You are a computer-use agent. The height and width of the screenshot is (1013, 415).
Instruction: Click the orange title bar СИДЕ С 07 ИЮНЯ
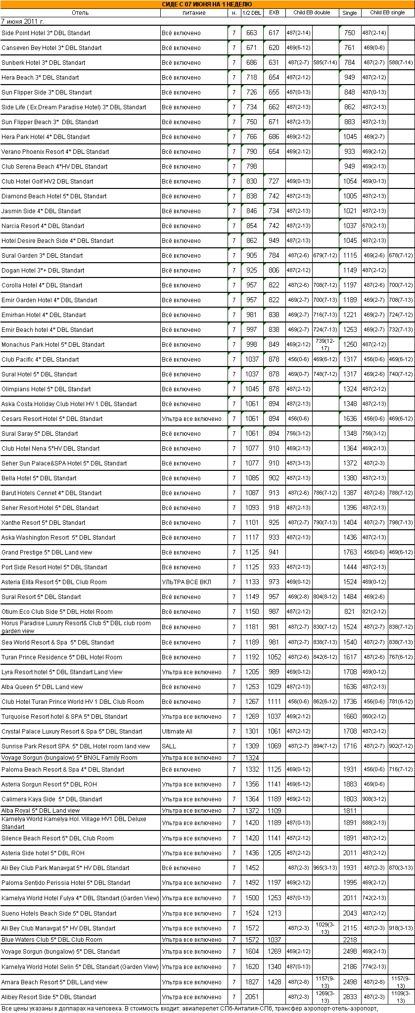coord(207,4)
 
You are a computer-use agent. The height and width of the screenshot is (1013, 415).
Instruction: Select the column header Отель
coord(80,13)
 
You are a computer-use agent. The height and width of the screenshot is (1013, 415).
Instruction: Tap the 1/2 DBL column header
coord(252,13)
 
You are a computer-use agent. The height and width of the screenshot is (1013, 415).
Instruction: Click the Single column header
coord(349,13)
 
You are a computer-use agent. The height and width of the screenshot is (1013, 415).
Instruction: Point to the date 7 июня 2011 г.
coord(23,22)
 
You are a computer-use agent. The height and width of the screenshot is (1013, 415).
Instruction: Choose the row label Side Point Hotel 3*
coord(46,33)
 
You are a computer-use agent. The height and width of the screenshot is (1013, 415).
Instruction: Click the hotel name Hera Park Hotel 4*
coord(46,137)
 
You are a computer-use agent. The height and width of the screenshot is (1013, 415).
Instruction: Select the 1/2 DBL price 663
coord(252,33)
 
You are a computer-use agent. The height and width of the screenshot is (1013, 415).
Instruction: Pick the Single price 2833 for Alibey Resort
coord(350,997)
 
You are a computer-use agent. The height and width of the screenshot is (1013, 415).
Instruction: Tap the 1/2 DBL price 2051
coord(252,997)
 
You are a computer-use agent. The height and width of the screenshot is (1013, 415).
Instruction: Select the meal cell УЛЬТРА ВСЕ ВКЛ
coord(186,582)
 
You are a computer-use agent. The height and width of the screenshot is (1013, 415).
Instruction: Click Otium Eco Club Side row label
coord(57,612)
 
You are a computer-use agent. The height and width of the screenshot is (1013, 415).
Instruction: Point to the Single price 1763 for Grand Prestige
coord(350,553)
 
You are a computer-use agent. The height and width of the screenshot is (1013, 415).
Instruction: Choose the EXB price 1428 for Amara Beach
coord(274,982)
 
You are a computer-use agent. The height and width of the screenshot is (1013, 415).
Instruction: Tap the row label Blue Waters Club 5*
coord(52,940)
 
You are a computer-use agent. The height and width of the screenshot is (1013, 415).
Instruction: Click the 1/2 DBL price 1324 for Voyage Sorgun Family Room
coord(252,758)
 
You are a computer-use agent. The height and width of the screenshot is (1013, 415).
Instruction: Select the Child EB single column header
coord(387,13)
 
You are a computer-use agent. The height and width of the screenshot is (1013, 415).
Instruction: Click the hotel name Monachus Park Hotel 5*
coord(53,345)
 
